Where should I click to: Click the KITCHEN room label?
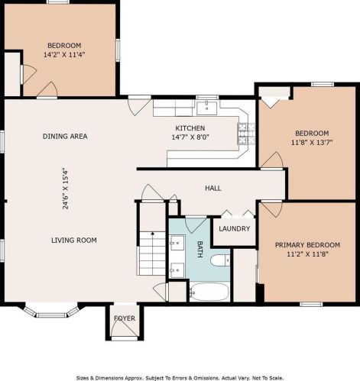190,128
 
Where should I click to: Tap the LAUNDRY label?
235,228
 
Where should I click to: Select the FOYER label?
125,318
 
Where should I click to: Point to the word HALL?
213,188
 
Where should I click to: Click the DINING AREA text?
65,136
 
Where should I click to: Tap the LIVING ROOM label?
74,240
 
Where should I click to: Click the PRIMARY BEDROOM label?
307,245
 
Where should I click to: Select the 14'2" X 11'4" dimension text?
64,54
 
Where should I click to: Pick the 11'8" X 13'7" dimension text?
312,142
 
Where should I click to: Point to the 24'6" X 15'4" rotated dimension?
66,189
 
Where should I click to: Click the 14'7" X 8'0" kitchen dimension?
190,137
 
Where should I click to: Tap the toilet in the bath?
220,260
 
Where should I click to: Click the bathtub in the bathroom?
209,292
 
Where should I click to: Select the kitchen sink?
207,108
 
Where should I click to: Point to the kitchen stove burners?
246,134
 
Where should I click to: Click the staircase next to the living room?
152,253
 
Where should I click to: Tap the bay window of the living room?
52,312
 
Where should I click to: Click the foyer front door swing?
125,327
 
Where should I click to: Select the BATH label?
200,250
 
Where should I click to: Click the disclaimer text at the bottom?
180,378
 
